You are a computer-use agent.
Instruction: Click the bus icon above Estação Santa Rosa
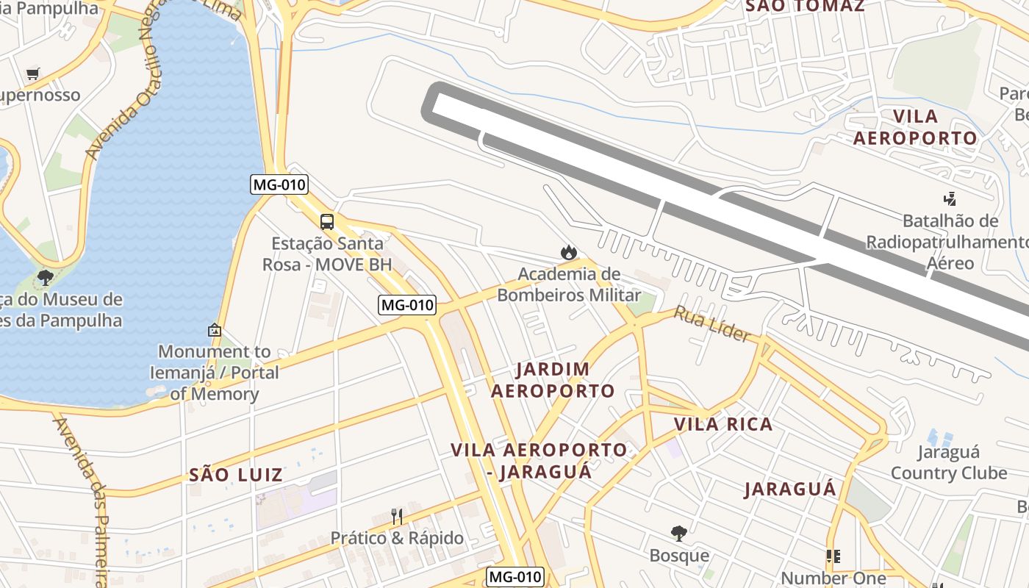click(x=327, y=221)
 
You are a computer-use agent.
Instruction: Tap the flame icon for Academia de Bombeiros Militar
click(x=568, y=253)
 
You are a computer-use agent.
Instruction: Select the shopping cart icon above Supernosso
click(x=32, y=73)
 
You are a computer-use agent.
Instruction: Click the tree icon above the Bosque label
click(x=679, y=533)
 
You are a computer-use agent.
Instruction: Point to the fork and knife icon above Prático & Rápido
click(x=396, y=516)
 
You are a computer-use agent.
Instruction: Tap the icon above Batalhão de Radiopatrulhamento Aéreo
click(x=950, y=198)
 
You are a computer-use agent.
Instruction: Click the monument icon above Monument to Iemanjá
click(x=215, y=330)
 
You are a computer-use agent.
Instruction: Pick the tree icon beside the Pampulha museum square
click(x=46, y=278)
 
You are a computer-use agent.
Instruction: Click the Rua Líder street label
click(x=712, y=324)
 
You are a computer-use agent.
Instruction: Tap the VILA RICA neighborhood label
click(x=723, y=424)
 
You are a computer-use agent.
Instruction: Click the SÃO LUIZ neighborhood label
click(x=236, y=475)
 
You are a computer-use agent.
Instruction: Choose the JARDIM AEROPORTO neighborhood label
click(x=553, y=380)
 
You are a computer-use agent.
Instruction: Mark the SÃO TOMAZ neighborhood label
click(x=804, y=7)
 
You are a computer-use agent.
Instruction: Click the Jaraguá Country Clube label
click(x=948, y=462)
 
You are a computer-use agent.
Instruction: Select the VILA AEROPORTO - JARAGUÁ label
click(x=539, y=460)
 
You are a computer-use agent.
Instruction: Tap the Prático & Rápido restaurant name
click(x=397, y=538)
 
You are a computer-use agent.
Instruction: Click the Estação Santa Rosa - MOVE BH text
click(x=327, y=254)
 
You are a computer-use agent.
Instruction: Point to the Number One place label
click(x=833, y=578)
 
